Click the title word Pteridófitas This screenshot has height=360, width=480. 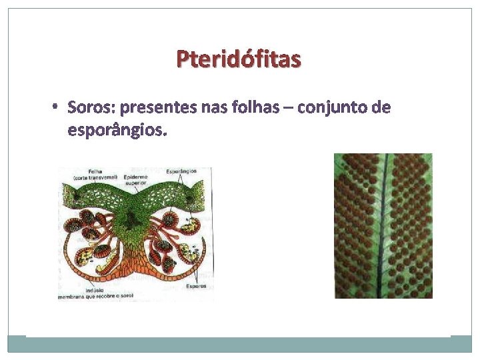point(239,60)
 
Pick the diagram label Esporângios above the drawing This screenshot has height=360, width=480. point(181,171)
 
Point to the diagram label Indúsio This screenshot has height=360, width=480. point(68,290)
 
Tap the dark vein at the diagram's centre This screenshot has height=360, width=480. point(136,217)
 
